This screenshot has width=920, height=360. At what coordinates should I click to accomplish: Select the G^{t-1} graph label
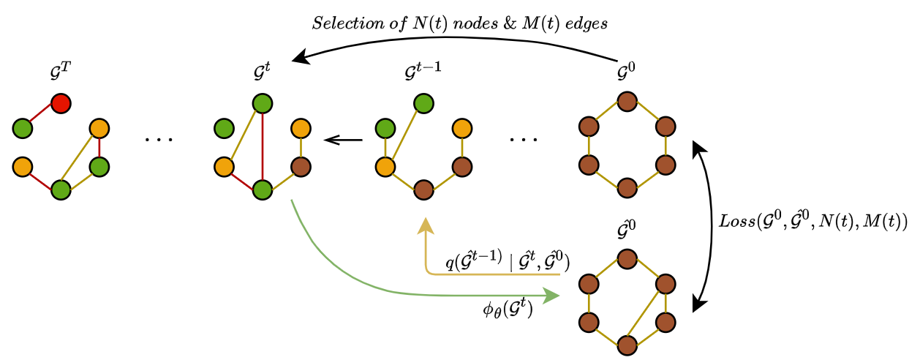click(423, 74)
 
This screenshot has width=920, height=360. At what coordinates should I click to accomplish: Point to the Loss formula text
click(811, 222)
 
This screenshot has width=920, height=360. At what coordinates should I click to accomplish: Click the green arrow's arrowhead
click(551, 295)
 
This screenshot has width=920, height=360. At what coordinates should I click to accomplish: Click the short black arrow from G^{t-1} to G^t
click(343, 139)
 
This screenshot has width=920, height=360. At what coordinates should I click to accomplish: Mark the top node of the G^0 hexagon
click(625, 102)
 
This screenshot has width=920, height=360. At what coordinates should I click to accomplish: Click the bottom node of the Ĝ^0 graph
click(625, 344)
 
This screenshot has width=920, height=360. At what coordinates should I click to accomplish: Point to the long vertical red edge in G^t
click(262, 146)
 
